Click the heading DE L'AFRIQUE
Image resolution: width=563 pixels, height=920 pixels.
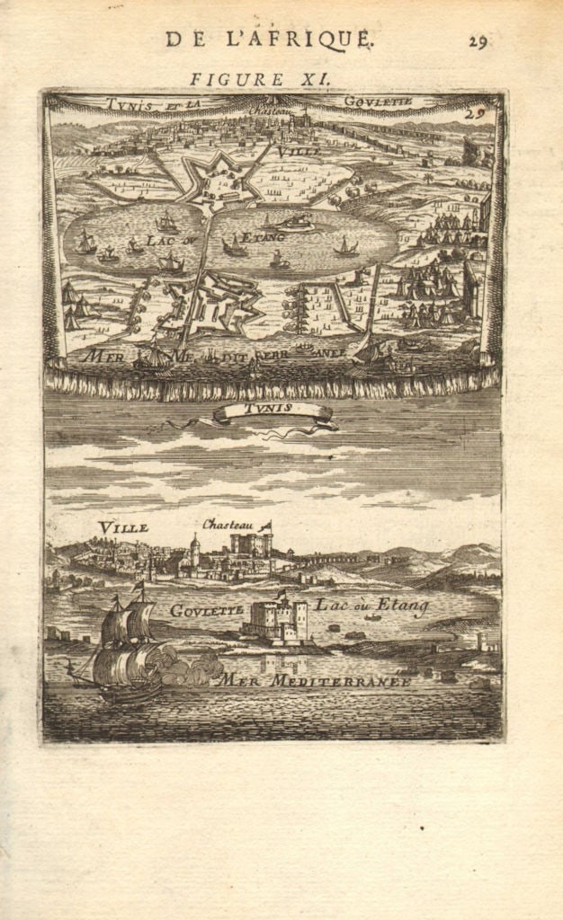point(268,39)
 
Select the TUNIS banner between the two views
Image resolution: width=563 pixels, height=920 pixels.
point(271,411)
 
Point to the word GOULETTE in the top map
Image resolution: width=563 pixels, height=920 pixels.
point(378,102)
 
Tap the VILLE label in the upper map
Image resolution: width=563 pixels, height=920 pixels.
point(294,153)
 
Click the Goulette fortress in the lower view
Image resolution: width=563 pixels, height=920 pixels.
point(276,620)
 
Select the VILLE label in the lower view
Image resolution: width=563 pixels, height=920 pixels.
point(123,527)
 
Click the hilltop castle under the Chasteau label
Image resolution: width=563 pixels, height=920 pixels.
point(250,544)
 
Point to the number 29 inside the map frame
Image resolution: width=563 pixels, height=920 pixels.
point(475,113)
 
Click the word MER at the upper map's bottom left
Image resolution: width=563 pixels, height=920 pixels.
point(102,356)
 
